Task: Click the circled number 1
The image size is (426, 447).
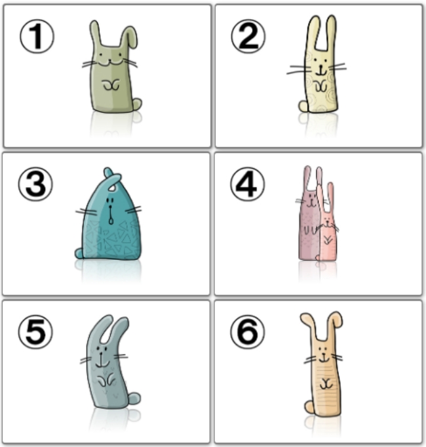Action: pyautogui.click(x=37, y=37)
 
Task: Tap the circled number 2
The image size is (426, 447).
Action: pyautogui.click(x=248, y=37)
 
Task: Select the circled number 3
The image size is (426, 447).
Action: pyautogui.click(x=35, y=184)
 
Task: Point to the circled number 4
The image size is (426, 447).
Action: pyautogui.click(x=247, y=184)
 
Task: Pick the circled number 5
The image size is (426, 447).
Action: pyautogui.click(x=35, y=332)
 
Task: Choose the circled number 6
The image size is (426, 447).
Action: pyautogui.click(x=247, y=332)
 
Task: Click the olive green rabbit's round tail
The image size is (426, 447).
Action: pyautogui.click(x=137, y=104)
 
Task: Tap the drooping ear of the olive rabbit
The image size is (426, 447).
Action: pyautogui.click(x=130, y=37)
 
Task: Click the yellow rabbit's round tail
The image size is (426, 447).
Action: pyautogui.click(x=303, y=106)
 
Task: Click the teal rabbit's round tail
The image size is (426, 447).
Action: pyautogui.click(x=79, y=253)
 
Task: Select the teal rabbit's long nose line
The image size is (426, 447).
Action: pyautogui.click(x=111, y=215)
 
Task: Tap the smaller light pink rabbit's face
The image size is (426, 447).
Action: pyautogui.click(x=328, y=223)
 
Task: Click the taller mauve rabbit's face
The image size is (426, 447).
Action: pyautogui.click(x=310, y=200)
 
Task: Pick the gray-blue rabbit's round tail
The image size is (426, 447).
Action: pyautogui.click(x=134, y=398)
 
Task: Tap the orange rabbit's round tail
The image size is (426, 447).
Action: pyautogui.click(x=309, y=407)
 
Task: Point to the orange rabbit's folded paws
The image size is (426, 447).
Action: pyautogui.click(x=326, y=384)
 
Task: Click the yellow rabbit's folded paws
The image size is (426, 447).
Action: pyautogui.click(x=320, y=86)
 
